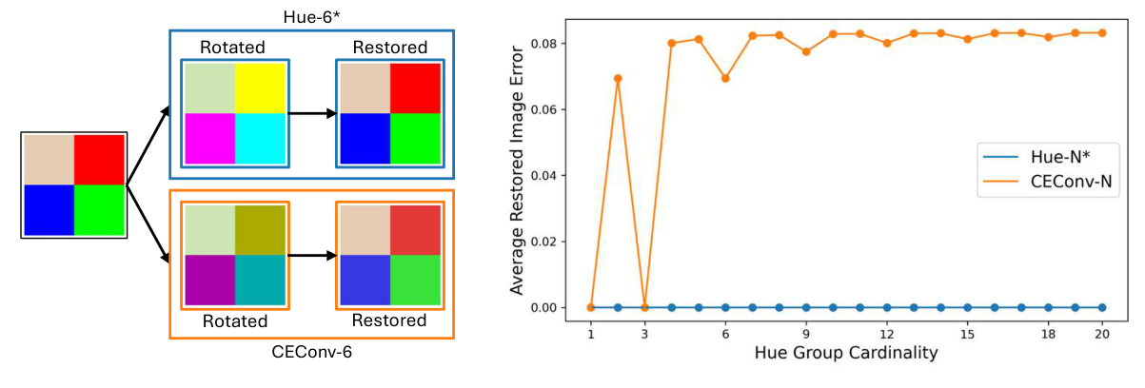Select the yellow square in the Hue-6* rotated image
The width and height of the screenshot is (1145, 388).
pyautogui.click(x=261, y=88)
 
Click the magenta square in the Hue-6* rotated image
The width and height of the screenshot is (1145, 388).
pyautogui.click(x=210, y=138)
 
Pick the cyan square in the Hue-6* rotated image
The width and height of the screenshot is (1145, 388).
pyautogui.click(x=261, y=138)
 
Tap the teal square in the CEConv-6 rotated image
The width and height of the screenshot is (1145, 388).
pyautogui.click(x=260, y=280)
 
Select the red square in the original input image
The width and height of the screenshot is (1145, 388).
pyautogui.click(x=99, y=159)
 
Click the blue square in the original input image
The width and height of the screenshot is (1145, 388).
pyautogui.click(x=49, y=209)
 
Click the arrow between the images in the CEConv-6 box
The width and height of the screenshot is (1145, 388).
pyautogui.click(x=312, y=255)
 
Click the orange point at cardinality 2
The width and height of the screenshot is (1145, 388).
pyautogui.click(x=618, y=78)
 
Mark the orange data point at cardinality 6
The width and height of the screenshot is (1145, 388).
pyautogui.click(x=725, y=78)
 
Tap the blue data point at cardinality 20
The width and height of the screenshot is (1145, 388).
pyautogui.click(x=1101, y=307)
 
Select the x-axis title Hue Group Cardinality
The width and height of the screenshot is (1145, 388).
pyautogui.click(x=845, y=353)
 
